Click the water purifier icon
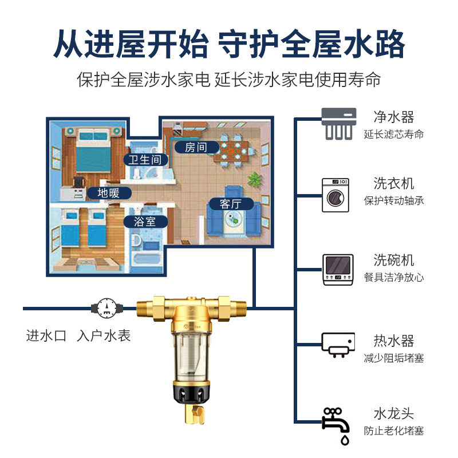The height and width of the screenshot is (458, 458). point(339,124)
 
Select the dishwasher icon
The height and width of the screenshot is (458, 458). point(338,269)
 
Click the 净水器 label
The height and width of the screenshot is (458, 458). point(393,117)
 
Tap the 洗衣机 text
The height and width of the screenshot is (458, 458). point(393,184)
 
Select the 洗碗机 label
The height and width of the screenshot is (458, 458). point(393,259)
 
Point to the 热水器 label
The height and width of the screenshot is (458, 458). point(393,341)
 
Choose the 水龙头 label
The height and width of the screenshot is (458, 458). point(393,413)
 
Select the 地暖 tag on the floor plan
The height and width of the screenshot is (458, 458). point(108,192)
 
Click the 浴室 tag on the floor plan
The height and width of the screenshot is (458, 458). point(145,221)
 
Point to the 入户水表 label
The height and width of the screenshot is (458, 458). point(104,335)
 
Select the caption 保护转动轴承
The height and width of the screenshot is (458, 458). point(394,201)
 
